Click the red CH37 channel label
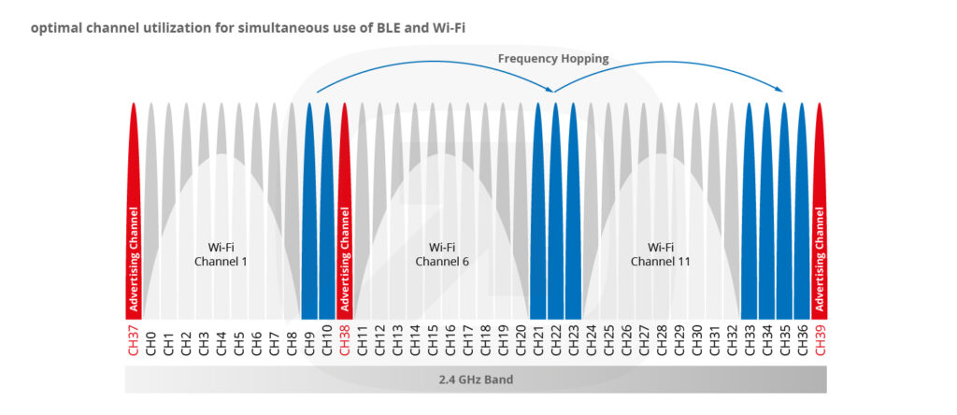click(134, 342)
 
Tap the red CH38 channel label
click(345, 342)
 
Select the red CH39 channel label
click(820, 342)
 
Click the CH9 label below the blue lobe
click(309, 342)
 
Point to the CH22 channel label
click(556, 342)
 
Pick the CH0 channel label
click(151, 342)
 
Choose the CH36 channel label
click(802, 342)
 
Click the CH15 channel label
click(433, 342)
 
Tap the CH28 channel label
click(662, 342)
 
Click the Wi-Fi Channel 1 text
click(221, 254)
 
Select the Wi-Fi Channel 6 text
click(441, 254)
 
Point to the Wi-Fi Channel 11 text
click(661, 254)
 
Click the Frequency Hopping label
click(553, 59)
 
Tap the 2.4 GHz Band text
click(476, 380)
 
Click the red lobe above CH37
click(134, 206)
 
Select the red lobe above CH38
click(345, 206)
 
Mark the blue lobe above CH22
click(556, 206)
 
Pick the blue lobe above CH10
click(327, 206)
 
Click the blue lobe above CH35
click(784, 206)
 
